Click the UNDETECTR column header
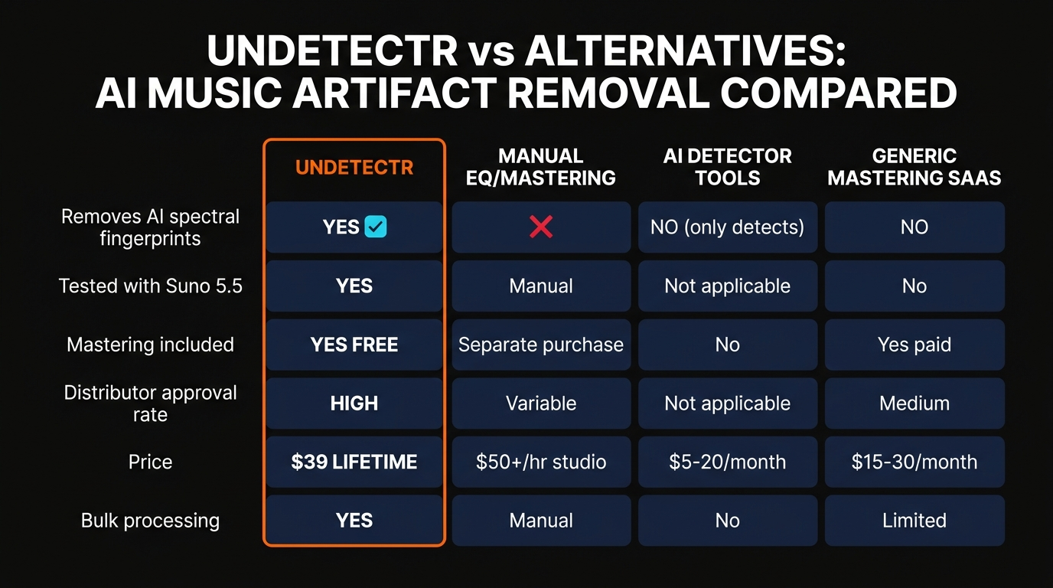tap(354, 167)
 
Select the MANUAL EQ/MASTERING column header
tap(540, 167)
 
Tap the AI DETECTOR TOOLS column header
tap(727, 167)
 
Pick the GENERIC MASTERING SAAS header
tap(914, 167)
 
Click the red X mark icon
tap(541, 227)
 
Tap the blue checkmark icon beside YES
tap(376, 227)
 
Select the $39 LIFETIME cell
tap(354, 462)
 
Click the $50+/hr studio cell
tap(540, 462)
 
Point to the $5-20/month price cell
tap(727, 462)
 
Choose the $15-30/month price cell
tap(914, 462)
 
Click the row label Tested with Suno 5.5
tap(150, 286)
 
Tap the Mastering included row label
tap(150, 345)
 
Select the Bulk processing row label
tap(150, 521)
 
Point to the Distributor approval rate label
tap(150, 403)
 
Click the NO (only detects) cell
tap(727, 227)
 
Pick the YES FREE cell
tap(354, 345)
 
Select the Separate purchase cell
tap(540, 345)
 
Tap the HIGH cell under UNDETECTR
tap(354, 403)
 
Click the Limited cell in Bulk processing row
tap(914, 521)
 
